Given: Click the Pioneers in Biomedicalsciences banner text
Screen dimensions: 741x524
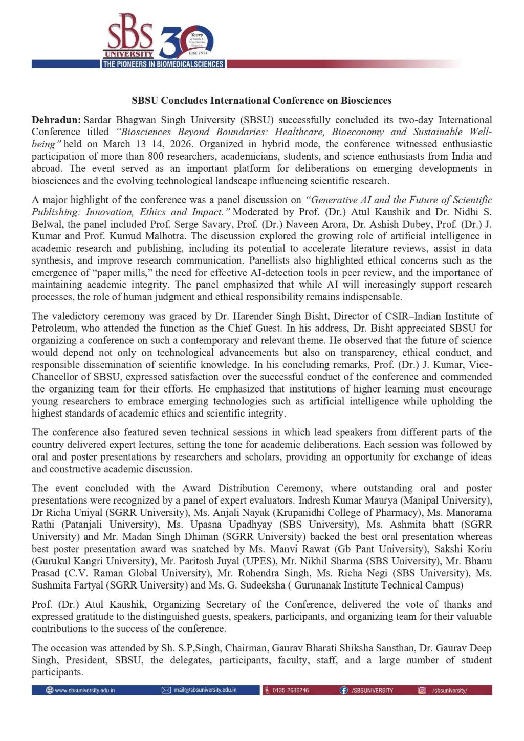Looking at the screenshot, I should point(163,64).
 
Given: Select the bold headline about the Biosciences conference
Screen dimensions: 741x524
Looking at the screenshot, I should point(261,100).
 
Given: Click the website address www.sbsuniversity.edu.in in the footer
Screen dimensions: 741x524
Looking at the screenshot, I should point(84,690).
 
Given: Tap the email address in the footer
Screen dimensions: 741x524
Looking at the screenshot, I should point(205,690).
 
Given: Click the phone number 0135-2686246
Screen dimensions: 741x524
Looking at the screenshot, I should point(290,690).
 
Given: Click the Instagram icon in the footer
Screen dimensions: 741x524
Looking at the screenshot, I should point(422,690).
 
